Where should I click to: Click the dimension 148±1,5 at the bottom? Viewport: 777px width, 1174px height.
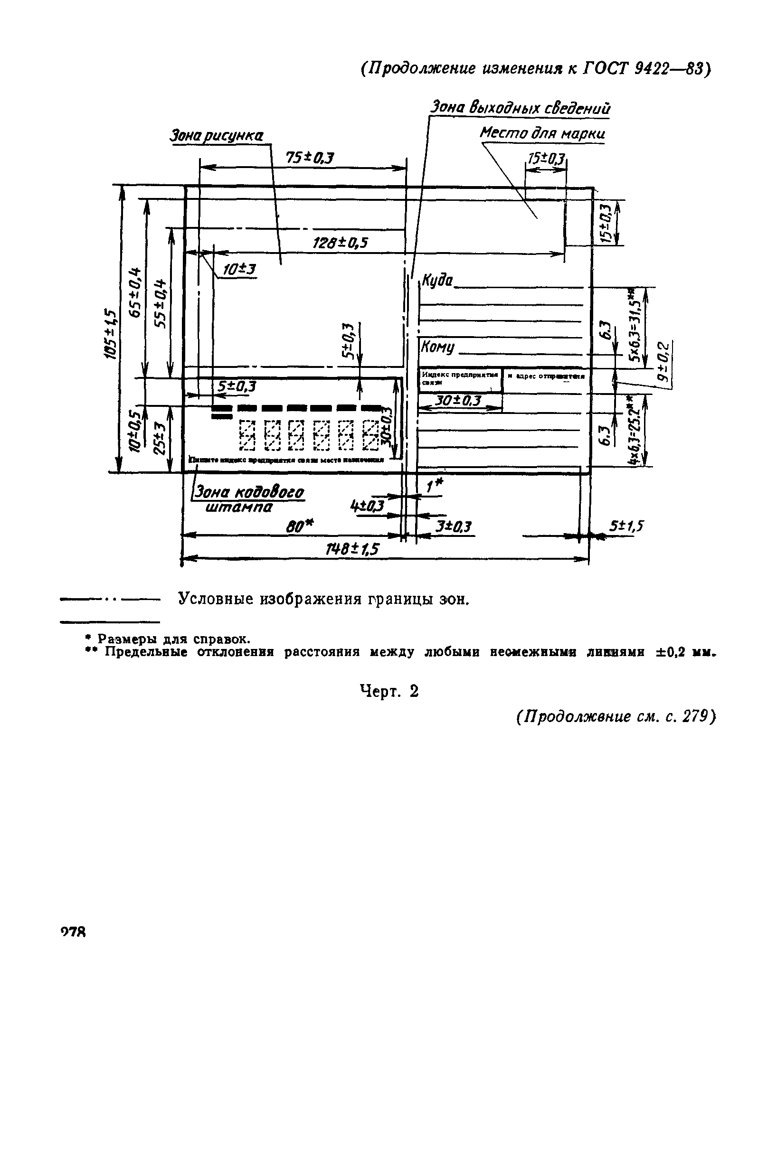click(352, 549)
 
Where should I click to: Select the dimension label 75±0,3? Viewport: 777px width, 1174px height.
click(310, 158)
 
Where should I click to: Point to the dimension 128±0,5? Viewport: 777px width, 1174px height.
click(341, 243)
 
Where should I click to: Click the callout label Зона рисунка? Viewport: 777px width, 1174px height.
click(217, 136)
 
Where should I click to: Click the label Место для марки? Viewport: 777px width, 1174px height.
click(542, 133)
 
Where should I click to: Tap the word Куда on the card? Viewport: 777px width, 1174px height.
click(436, 281)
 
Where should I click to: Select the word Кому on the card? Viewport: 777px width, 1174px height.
click(437, 347)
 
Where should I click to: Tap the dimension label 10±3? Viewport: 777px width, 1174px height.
click(239, 270)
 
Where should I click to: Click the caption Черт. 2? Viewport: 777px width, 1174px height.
click(389, 691)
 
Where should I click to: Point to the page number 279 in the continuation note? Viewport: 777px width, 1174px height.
click(697, 717)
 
